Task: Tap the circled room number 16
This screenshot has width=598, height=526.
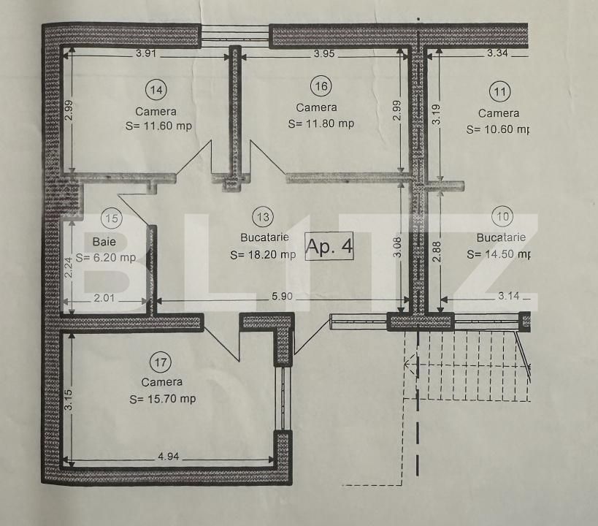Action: pyautogui.click(x=321, y=86)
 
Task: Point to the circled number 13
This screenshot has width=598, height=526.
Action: pyautogui.click(x=263, y=216)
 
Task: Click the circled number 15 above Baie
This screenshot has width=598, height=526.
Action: pyautogui.click(x=111, y=217)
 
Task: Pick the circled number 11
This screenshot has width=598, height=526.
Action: pyautogui.click(x=500, y=92)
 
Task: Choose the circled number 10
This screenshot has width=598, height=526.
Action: pyautogui.click(x=502, y=216)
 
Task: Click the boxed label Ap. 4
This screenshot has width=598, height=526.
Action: pyautogui.click(x=329, y=247)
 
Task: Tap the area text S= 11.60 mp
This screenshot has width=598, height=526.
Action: pyautogui.click(x=158, y=126)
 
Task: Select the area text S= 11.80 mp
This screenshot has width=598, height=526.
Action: pyautogui.click(x=321, y=123)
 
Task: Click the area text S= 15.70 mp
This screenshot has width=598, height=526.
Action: pyautogui.click(x=163, y=399)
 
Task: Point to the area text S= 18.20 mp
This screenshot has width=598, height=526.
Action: pyautogui.click(x=263, y=255)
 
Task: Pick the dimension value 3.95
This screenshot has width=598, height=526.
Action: pyautogui.click(x=324, y=53)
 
